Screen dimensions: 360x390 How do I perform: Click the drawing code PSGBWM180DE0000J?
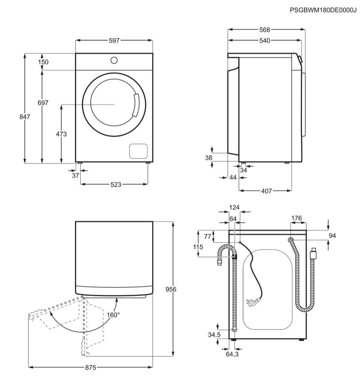323,10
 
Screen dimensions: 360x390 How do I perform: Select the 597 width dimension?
114,40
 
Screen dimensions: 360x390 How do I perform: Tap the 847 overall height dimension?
25,116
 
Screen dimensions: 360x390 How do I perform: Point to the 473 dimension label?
61,134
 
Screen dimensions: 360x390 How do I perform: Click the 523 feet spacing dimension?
116,184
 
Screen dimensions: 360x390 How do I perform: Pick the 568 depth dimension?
264,30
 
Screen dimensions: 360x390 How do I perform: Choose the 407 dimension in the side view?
266,191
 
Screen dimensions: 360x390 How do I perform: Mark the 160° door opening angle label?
113,315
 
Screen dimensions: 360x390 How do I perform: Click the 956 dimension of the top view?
171,289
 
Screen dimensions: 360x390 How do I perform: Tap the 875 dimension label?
90,367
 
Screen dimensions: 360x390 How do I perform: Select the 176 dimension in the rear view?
297,218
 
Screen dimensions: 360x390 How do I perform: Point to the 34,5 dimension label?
214,335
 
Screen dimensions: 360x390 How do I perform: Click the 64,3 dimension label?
232,354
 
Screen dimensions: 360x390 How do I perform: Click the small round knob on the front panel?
114,60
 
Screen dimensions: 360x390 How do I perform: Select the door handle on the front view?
136,105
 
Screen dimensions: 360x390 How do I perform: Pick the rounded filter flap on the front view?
138,151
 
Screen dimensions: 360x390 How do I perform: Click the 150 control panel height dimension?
43,61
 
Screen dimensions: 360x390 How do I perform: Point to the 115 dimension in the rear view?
198,247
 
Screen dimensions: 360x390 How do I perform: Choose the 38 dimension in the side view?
208,157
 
